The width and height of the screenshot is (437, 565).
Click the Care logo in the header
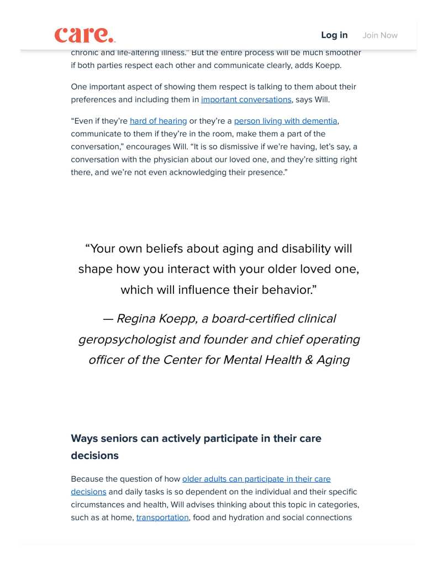tap(85, 35)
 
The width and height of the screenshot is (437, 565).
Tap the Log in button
tap(334, 35)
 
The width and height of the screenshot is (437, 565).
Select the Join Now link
tap(380, 35)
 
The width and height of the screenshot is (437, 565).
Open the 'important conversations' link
tap(246, 99)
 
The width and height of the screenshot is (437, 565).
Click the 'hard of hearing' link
tap(158, 121)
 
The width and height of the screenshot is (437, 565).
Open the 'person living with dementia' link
tap(285, 121)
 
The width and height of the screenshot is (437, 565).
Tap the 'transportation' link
tap(162, 518)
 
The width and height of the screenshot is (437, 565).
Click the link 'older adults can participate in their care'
tap(256, 479)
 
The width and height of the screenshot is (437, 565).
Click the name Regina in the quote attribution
tap(135, 319)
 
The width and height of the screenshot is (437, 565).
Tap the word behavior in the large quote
tap(289, 289)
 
